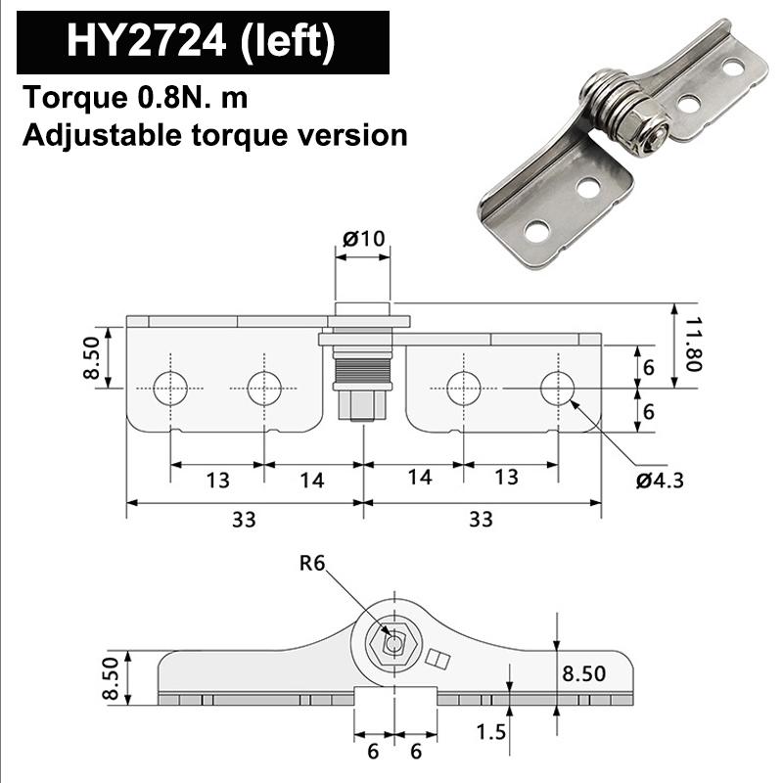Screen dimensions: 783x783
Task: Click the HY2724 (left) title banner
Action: (202, 42)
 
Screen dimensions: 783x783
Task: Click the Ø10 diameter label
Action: (363, 237)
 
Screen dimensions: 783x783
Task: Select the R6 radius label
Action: (312, 562)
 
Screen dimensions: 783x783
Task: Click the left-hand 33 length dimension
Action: (244, 519)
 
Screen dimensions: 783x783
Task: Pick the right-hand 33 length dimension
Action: (481, 519)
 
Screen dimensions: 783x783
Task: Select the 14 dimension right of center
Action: (419, 479)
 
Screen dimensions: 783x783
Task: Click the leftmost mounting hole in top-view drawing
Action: (170, 389)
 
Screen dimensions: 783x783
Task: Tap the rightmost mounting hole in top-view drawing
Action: (558, 389)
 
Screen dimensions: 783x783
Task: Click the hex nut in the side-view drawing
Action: (393, 644)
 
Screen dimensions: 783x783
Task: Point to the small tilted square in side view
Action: (439, 662)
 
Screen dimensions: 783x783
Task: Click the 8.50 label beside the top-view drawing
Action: (92, 358)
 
